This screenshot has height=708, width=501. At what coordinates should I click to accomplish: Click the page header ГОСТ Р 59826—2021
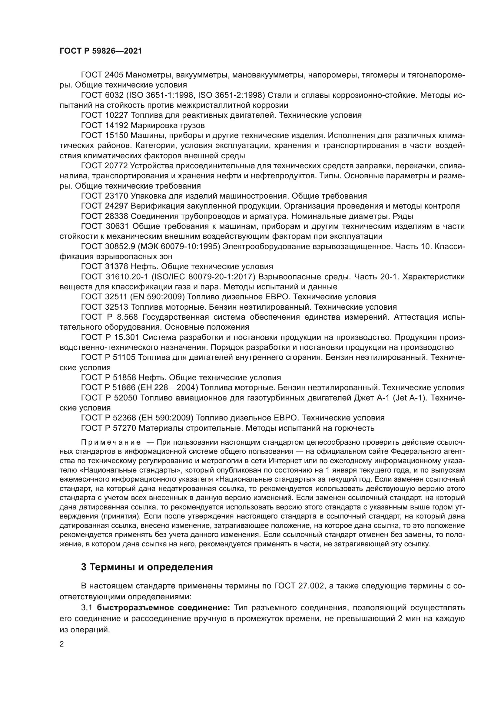101,51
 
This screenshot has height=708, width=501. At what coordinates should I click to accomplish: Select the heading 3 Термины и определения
147,567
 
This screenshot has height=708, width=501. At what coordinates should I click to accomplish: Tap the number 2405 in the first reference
114,75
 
